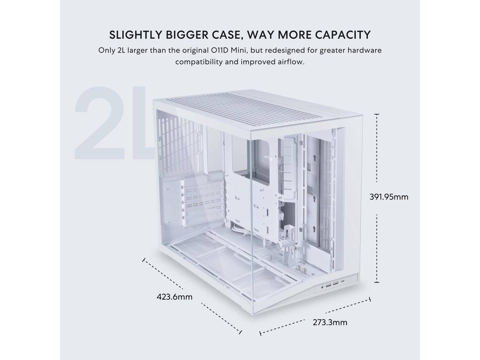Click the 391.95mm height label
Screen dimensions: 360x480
[x=389, y=196]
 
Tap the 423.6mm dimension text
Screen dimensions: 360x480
[x=174, y=297]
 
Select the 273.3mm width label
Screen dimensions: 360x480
[x=330, y=322]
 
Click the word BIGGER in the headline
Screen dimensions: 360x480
[x=183, y=34]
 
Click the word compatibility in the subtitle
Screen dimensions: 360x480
[x=198, y=62]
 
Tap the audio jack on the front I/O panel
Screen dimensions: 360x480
[x=323, y=286]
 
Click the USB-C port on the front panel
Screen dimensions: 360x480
[x=342, y=283]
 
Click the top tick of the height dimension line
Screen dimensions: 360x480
[x=376, y=114]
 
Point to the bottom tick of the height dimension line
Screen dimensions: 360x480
[x=376, y=282]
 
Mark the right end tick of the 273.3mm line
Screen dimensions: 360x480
[x=370, y=299]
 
